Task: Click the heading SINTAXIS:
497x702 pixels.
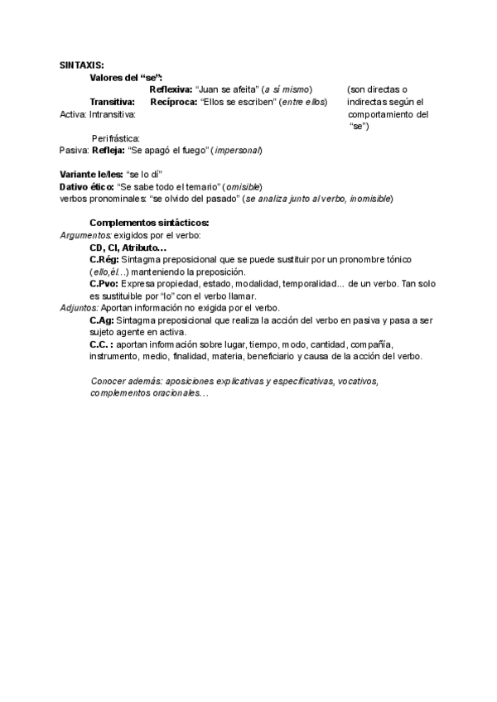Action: tap(82, 65)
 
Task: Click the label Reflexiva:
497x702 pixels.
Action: tap(170, 89)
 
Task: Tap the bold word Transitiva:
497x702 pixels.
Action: tap(113, 102)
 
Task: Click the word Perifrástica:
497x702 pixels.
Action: tap(115, 138)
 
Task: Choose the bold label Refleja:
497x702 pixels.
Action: tap(108, 151)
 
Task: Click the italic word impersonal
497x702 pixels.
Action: tap(237, 151)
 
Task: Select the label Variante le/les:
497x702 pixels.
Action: tap(90, 175)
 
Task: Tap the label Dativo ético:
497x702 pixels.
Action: tap(86, 187)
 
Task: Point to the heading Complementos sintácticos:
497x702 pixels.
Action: tap(149, 224)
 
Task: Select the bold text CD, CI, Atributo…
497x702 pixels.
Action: tap(128, 248)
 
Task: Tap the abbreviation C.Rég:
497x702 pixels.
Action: tap(104, 260)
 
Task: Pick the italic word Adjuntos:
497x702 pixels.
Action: tap(79, 308)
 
